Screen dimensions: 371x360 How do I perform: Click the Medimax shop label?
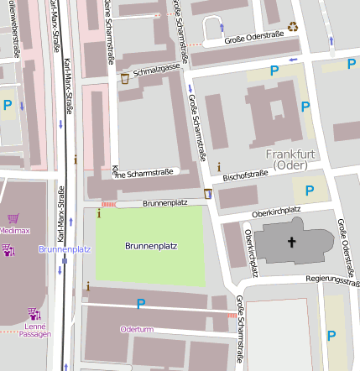pos(14,229)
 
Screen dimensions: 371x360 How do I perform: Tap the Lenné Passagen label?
pos(34,329)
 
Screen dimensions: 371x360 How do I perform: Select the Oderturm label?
pos(137,329)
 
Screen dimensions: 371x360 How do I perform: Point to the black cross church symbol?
pos(292,243)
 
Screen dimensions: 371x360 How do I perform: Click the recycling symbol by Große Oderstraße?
pos(293,27)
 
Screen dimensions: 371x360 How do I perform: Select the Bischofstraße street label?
pos(245,175)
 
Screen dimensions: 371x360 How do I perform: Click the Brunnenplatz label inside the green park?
pos(150,246)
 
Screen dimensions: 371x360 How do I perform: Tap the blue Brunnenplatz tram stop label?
pos(65,250)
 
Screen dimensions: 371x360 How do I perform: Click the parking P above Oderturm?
pos(140,304)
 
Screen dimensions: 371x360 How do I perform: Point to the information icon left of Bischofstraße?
pos(219,168)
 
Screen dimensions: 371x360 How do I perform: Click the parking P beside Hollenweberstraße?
pos(8,105)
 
